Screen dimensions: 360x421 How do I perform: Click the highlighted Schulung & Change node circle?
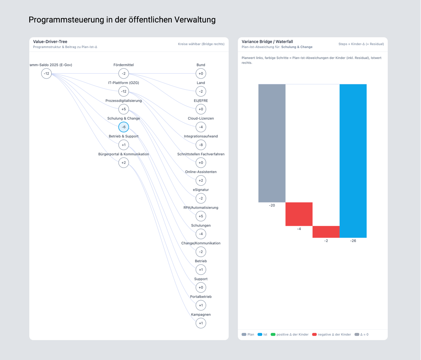coord(124,127)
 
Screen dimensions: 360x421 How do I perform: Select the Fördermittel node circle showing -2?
coord(124,74)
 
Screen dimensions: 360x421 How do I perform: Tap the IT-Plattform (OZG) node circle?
coord(124,92)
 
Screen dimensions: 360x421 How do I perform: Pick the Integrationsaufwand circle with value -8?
coord(201,145)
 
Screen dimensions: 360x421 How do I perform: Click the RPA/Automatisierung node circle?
coord(201,216)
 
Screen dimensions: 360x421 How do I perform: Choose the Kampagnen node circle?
coord(201,323)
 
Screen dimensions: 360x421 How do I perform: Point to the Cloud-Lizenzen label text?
coord(201,118)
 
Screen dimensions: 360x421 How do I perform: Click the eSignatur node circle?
coord(201,198)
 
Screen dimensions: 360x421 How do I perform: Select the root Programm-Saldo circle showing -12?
coord(46,74)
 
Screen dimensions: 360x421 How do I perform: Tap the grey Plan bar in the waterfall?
coord(272,143)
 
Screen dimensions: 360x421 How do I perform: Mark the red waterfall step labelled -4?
coord(299,214)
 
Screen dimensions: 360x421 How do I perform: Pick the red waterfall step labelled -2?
coord(326,232)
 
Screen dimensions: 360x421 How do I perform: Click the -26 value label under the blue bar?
coord(353,241)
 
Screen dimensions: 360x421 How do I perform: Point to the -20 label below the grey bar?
coord(272,205)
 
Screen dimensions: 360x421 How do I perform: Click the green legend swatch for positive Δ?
coord(273,334)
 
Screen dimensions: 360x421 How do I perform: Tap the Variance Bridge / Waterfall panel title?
coord(267,42)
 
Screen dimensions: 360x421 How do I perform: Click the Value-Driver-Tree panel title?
coord(50,42)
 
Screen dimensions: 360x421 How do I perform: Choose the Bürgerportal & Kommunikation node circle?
coord(124,163)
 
